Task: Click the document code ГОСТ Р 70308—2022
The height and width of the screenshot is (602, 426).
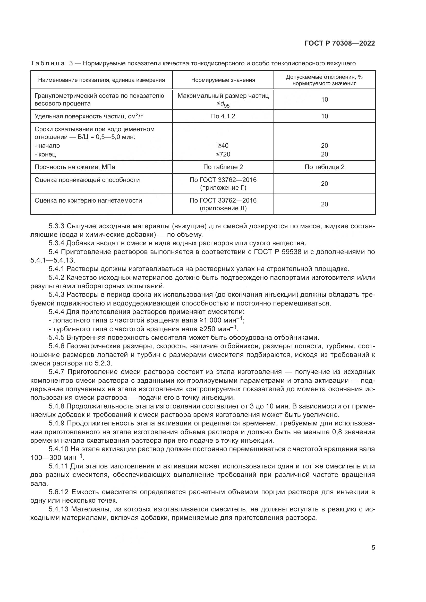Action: tap(340, 43)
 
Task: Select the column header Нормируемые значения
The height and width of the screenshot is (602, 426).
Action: tap(223, 80)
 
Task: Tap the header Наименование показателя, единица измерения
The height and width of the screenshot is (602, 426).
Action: tap(101, 80)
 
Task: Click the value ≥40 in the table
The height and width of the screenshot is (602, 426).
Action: tap(223, 145)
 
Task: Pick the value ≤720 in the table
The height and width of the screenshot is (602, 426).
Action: tap(223, 154)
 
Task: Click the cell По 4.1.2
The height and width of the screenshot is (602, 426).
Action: tap(223, 116)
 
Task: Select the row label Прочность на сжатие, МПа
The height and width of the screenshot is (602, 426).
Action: tap(75, 167)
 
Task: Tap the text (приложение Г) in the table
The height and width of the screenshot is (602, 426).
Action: tap(223, 188)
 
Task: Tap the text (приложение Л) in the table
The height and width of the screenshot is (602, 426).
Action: tap(223, 208)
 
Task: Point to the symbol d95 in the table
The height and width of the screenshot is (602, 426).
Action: tap(225, 104)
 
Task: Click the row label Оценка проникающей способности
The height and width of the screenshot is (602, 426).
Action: tap(87, 180)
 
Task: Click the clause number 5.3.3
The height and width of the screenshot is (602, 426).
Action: tap(56, 226)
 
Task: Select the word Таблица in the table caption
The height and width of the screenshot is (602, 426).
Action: tap(47, 63)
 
